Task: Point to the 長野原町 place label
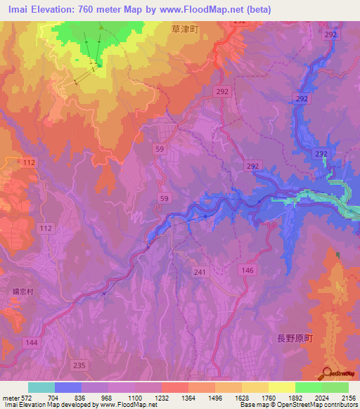(x=288, y=339)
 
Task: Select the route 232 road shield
(x=322, y=154)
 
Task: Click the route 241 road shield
(x=200, y=271)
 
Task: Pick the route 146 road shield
(x=247, y=270)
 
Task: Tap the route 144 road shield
(x=31, y=342)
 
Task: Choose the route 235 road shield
(x=79, y=365)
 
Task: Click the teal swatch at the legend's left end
(x=41, y=387)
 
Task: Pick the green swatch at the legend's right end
(x=335, y=387)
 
